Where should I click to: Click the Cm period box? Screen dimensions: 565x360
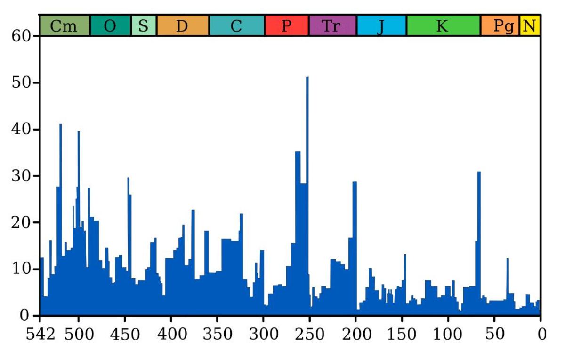(65, 25)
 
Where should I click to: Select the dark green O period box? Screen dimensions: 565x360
(111, 25)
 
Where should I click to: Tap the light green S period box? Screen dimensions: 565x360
(144, 25)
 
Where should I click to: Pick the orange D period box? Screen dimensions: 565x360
(183, 25)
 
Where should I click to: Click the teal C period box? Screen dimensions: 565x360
(237, 25)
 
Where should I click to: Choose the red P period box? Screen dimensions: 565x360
(287, 25)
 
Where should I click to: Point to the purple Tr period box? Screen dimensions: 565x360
(333, 25)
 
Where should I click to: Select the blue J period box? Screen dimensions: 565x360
(382, 25)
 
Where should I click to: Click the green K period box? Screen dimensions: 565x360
(444, 25)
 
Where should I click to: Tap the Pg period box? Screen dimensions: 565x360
(500, 25)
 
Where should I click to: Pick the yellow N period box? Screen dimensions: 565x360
(530, 25)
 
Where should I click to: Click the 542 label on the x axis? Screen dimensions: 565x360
(40, 335)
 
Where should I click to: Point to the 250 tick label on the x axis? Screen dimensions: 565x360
(309, 335)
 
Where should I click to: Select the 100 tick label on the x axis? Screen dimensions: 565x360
(448, 335)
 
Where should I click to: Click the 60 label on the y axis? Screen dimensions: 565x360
(21, 36)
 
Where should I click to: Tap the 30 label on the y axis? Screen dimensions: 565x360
(21, 176)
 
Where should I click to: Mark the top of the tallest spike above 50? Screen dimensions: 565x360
(307, 77)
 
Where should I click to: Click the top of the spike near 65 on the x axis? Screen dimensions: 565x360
(479, 172)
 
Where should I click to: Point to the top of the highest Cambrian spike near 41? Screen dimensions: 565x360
(61, 124)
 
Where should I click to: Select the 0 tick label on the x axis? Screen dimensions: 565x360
(542, 335)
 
